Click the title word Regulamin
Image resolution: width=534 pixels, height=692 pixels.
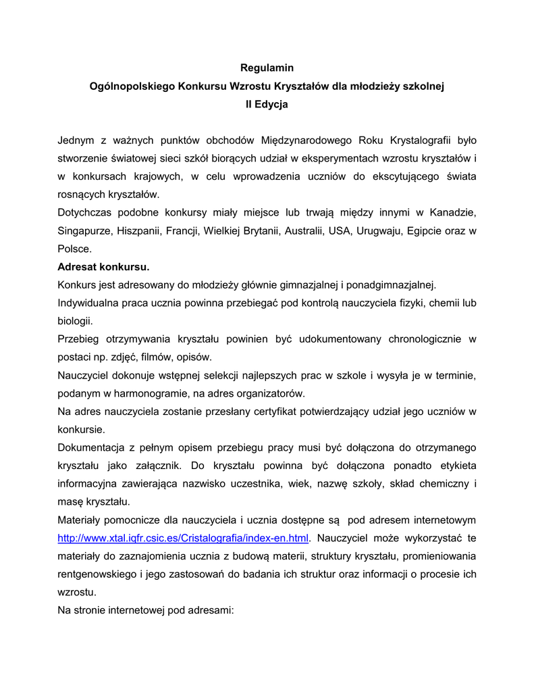click(x=267, y=68)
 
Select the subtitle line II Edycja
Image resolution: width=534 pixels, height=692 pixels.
click(x=267, y=105)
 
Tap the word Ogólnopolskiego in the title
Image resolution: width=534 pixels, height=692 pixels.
click(x=130, y=86)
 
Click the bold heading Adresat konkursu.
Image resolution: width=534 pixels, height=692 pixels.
click(x=103, y=267)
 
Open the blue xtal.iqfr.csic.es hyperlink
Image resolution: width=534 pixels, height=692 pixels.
click(x=184, y=539)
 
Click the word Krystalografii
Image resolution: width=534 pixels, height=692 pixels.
click(x=421, y=141)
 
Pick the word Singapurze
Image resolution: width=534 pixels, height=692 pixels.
click(x=84, y=231)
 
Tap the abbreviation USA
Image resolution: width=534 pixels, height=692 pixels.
click(x=340, y=231)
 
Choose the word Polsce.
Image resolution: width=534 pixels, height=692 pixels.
click(x=74, y=249)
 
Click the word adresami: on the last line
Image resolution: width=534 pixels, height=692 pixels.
click(x=207, y=611)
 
